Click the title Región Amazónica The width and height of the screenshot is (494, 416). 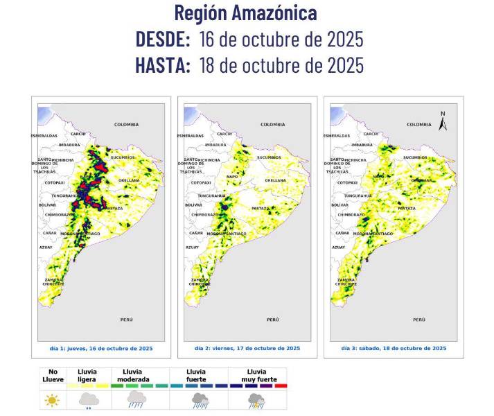246,12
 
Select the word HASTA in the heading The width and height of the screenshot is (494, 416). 163,65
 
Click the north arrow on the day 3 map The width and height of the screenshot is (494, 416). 443,121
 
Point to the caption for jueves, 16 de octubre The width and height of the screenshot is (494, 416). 100,348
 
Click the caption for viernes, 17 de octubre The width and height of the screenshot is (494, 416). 247,348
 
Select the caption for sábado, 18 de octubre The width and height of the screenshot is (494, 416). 394,348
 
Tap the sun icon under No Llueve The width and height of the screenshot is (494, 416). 51,400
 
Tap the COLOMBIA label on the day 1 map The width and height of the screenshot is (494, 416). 126,125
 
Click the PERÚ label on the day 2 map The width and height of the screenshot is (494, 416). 273,320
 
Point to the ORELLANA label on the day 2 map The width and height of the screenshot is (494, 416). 274,180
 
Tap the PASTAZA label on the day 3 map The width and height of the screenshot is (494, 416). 407,208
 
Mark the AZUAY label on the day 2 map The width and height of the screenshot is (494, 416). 192,248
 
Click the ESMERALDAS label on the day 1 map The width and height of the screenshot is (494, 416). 45,136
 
